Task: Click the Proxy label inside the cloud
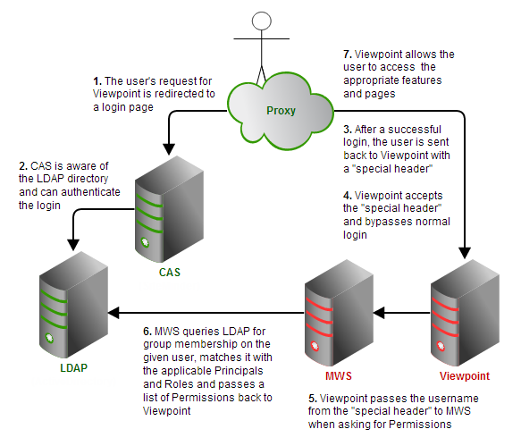[281, 111]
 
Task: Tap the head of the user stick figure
[262, 21]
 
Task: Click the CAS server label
[170, 273]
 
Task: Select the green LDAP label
[74, 367]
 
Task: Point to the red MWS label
[339, 376]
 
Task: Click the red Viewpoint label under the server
[465, 376]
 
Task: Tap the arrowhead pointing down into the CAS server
[169, 149]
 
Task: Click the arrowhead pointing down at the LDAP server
[73, 245]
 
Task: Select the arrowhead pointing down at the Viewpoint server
[465, 253]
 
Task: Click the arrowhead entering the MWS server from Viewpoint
[379, 313]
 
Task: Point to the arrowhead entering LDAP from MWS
[113, 313]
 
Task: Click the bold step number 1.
[97, 81]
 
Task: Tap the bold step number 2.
[23, 166]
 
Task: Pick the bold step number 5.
[313, 398]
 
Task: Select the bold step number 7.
[348, 55]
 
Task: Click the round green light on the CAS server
[145, 242]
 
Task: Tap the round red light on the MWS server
[315, 346]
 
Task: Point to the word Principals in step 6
[239, 371]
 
